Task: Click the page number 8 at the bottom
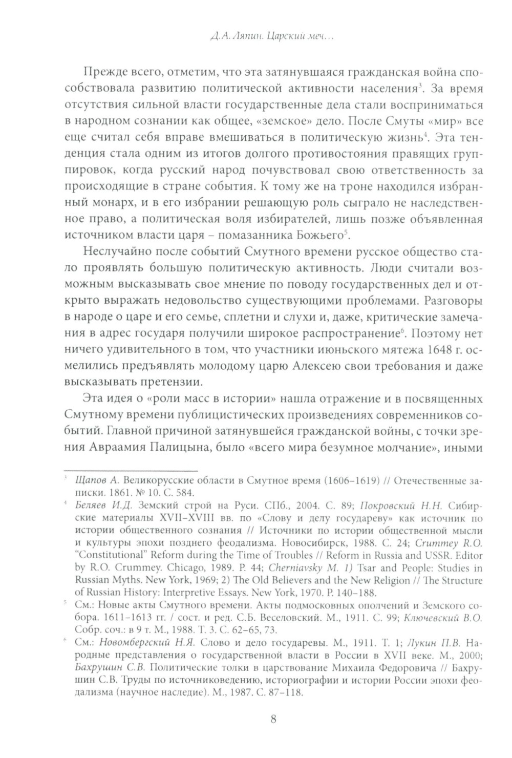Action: [273, 719]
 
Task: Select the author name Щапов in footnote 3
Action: [88, 481]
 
